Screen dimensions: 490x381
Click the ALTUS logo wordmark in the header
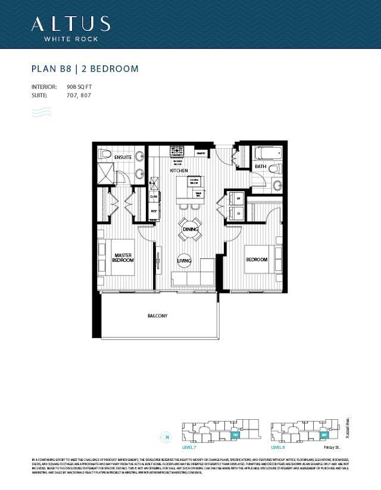click(x=70, y=24)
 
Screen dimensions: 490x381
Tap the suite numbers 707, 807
click(x=77, y=95)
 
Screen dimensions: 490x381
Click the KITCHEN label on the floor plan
click(x=178, y=171)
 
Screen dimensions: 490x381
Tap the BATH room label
click(x=260, y=167)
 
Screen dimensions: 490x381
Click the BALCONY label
click(x=158, y=316)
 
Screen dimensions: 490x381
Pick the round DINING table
click(x=190, y=229)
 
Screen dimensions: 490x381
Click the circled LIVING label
click(x=185, y=260)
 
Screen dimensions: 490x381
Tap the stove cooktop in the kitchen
click(x=177, y=151)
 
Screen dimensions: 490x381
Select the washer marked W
click(x=238, y=199)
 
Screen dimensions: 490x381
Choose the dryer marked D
click(x=238, y=213)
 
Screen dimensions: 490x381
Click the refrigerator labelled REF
click(x=154, y=211)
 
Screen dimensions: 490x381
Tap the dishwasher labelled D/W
click(x=154, y=196)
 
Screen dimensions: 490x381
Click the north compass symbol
click(x=166, y=438)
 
